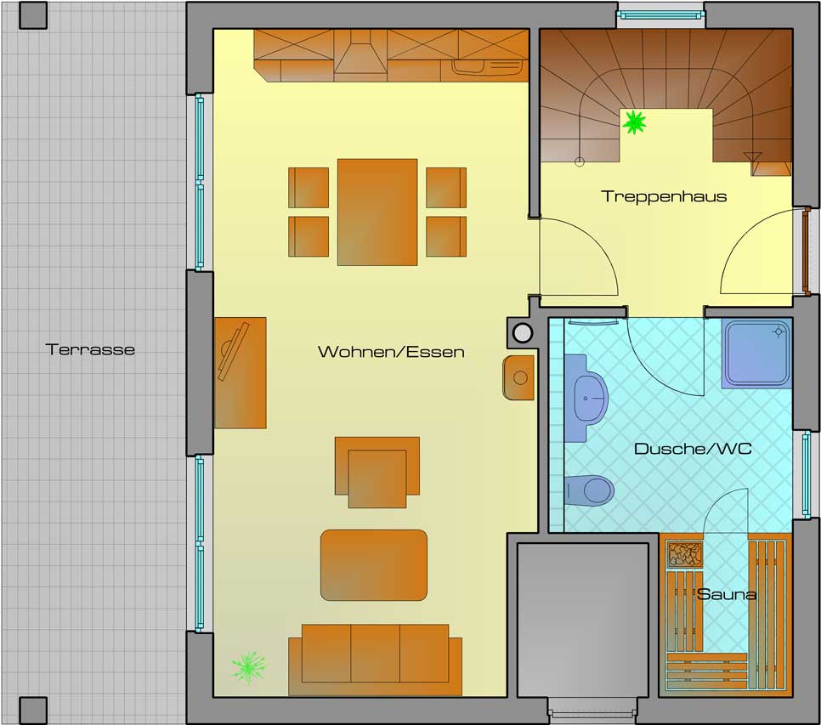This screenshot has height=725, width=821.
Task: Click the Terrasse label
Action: [x=91, y=349]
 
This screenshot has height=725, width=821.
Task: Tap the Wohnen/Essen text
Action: [x=391, y=352]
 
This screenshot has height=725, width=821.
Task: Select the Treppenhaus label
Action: [x=664, y=196]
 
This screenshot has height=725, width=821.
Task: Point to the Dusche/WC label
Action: [x=693, y=449]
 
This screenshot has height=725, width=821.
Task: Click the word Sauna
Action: [x=727, y=594]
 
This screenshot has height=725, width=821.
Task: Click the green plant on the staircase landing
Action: [x=634, y=123]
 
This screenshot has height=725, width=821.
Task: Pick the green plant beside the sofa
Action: [x=248, y=666]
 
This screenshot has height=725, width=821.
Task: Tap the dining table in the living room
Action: [x=377, y=212]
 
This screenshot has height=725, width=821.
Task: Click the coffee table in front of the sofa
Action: [x=374, y=564]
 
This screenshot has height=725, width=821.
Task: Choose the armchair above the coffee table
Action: [x=377, y=471]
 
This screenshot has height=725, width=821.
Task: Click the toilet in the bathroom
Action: [x=590, y=490]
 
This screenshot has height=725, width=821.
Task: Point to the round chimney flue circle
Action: [x=522, y=333]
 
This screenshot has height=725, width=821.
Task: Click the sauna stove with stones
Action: [x=685, y=555]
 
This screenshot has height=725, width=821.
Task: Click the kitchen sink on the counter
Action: [x=478, y=67]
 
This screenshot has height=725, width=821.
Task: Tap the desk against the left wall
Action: [x=240, y=372]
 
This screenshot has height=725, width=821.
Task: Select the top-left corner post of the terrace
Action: [x=33, y=14]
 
